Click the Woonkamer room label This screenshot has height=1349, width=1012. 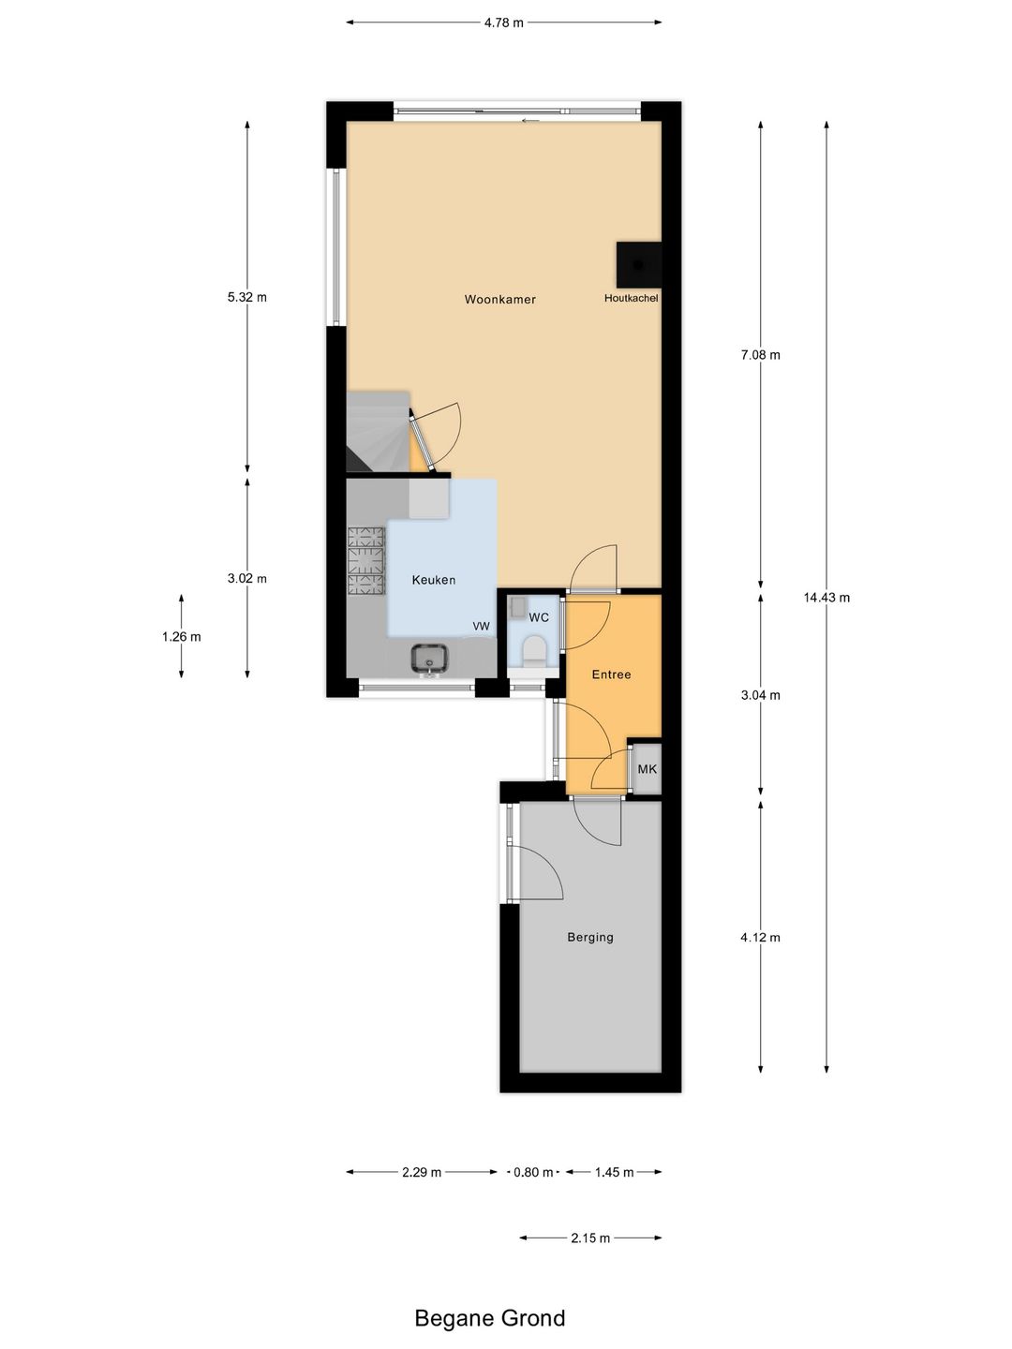[499, 299]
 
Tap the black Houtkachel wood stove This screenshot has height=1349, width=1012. [639, 264]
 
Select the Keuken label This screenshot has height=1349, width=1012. [434, 580]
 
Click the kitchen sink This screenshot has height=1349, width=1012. [429, 660]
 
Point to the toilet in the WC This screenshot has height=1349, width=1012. [533, 650]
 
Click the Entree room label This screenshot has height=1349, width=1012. [611, 674]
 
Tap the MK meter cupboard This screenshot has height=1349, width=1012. [647, 769]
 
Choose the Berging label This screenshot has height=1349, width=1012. [590, 937]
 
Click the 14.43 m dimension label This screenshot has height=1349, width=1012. [826, 598]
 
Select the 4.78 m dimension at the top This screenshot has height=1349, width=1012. [504, 22]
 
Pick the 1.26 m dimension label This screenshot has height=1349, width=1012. [181, 637]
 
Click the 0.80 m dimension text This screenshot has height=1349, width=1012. [533, 1172]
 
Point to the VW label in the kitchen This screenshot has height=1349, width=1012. [481, 627]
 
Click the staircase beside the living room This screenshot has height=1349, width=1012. [378, 432]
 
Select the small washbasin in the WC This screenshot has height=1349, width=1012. [517, 606]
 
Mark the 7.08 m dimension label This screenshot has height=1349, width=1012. [761, 355]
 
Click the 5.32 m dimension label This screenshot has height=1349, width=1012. [247, 298]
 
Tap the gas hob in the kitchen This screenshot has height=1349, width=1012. [366, 561]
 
